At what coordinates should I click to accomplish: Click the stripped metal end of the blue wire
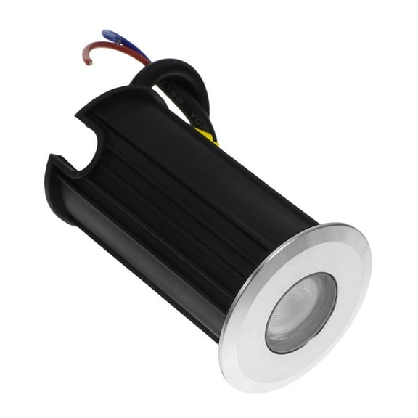pyautogui.click(x=104, y=32)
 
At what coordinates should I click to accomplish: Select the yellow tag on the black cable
pyautogui.click(x=206, y=136)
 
